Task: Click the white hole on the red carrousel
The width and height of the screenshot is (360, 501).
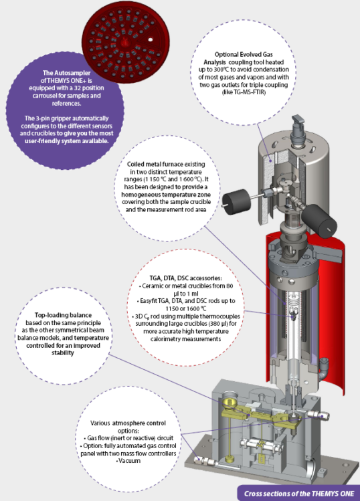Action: tap(151, 39)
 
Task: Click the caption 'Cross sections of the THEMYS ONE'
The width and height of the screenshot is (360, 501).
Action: tap(299, 494)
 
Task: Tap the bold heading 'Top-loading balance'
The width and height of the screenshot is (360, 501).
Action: tap(64, 315)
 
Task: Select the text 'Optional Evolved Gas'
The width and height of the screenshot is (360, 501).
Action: tap(244, 54)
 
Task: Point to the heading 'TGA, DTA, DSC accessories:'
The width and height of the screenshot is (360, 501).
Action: tap(186, 278)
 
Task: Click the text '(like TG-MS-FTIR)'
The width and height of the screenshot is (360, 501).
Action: tap(244, 92)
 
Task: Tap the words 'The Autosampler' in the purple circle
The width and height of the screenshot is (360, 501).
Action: tap(66, 73)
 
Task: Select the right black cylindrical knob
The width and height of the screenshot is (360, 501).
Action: tap(319, 221)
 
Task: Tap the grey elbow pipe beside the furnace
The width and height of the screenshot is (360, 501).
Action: tap(325, 367)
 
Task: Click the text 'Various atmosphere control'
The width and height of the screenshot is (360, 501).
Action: tap(128, 423)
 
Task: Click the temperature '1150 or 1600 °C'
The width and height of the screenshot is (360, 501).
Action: tap(186, 308)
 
